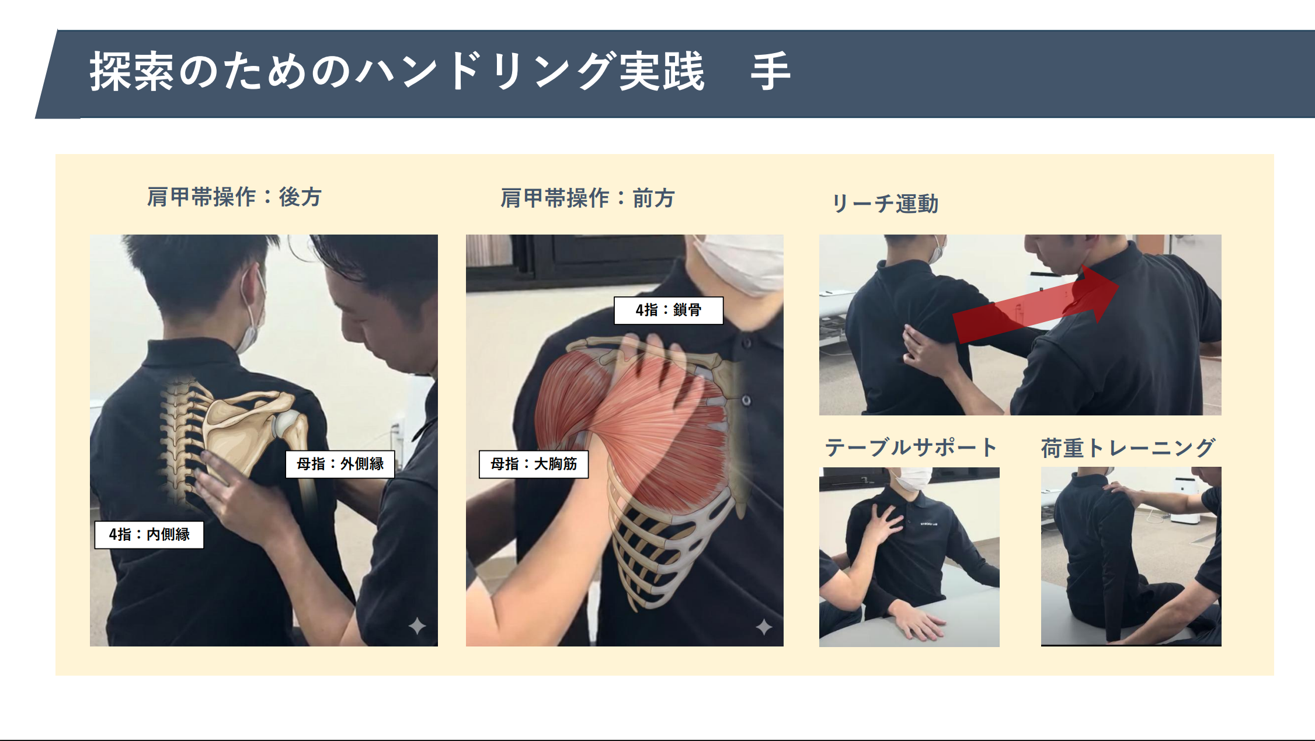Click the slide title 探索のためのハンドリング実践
pos(397,71)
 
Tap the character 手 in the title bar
pos(771,71)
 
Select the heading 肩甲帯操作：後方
pos(234,197)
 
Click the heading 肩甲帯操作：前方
pos(587,198)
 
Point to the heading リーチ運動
pos(885,204)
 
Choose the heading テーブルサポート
pos(911,448)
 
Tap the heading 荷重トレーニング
pos(1128,448)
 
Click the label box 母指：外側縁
pos(340,464)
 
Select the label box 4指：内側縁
pos(149,534)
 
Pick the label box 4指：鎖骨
pos(669,310)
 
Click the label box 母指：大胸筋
pos(534,464)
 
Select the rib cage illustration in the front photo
pos(672,537)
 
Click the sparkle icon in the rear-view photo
pos(417,626)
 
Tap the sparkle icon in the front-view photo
pos(764,627)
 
